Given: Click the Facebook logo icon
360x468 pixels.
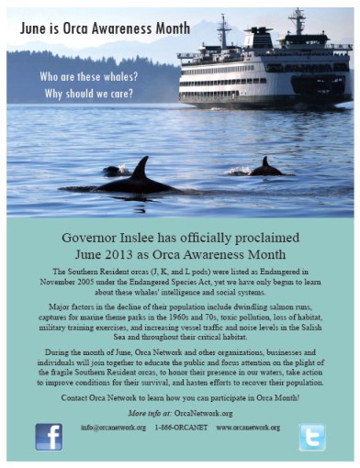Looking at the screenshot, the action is (x=49, y=435).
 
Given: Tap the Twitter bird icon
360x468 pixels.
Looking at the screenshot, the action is (x=311, y=436).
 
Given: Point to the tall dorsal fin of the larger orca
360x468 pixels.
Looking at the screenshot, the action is (x=141, y=170).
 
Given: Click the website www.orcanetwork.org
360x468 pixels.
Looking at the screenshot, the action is (x=247, y=427).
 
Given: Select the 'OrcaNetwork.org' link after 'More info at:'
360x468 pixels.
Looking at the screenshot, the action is (x=208, y=413).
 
